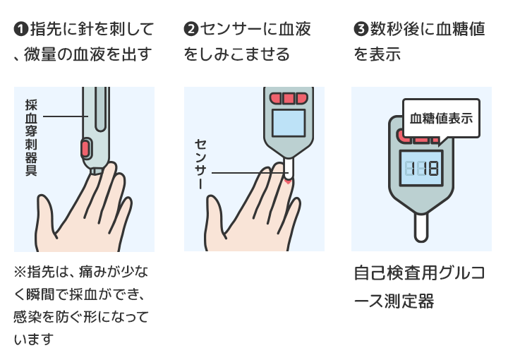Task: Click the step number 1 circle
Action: [20, 29]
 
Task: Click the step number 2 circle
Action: [190, 29]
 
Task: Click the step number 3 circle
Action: [359, 29]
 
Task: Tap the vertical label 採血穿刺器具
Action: [30, 137]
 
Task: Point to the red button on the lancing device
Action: [85, 148]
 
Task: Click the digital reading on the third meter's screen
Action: [421, 168]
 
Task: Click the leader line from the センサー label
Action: [247, 174]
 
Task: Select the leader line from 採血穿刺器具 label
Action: [64, 116]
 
